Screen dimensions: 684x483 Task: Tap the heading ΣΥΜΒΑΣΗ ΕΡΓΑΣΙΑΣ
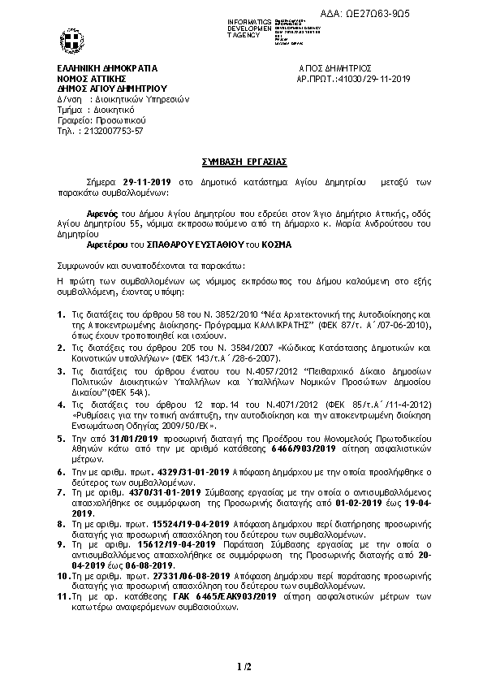point(240,162)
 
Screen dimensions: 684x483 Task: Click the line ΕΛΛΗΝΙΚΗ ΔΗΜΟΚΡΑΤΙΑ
point(107,69)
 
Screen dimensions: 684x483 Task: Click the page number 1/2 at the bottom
point(244,667)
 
